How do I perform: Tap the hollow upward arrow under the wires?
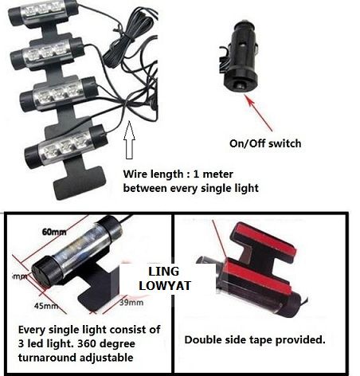130,148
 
